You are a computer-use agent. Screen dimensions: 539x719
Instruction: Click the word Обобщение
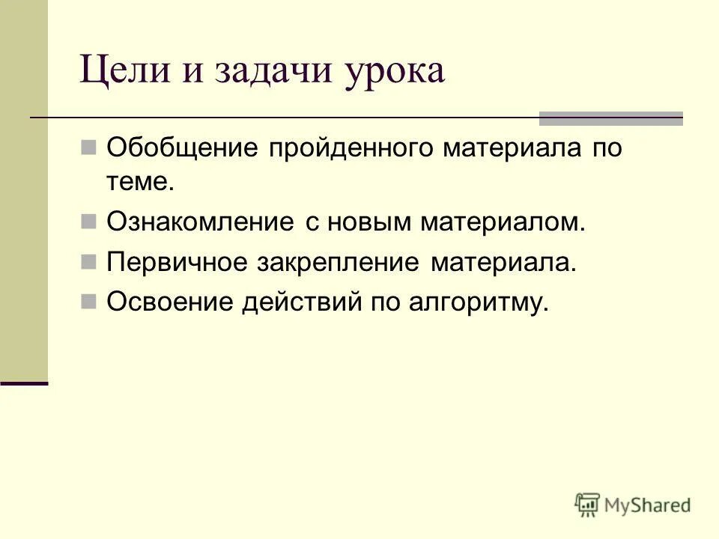178,147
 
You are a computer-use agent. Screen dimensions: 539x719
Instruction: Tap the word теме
140,182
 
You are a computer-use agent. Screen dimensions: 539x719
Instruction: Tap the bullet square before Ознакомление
88,221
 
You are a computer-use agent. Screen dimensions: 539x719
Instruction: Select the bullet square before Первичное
88,261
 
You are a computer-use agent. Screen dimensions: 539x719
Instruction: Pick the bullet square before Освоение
88,301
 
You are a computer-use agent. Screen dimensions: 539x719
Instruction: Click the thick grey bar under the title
611,118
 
